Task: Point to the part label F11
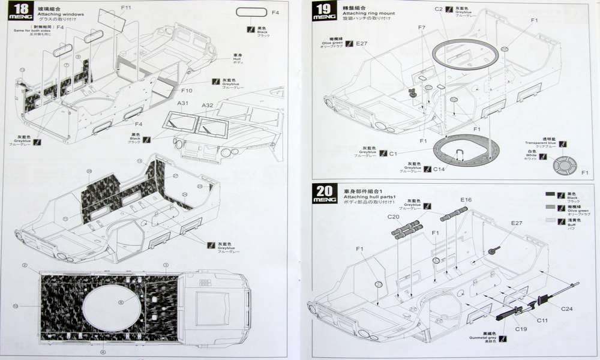coord(126,8)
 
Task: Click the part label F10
coord(186,91)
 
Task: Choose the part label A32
coord(207,105)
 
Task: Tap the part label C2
coord(439,10)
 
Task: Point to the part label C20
coord(394,217)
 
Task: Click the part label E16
coord(466,200)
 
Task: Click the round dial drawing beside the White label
coord(564,165)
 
